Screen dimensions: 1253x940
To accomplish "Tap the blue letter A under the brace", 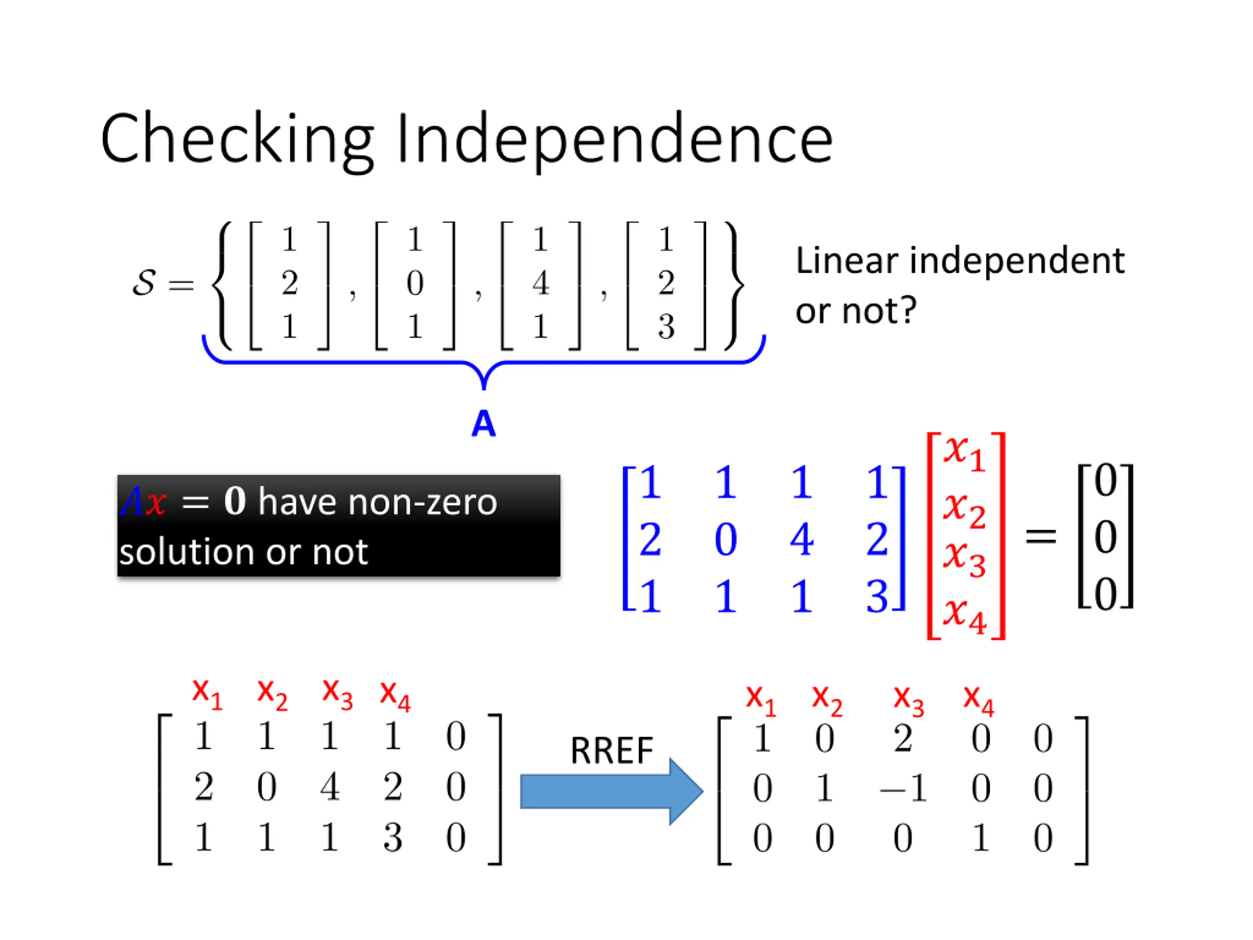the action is [x=483, y=423].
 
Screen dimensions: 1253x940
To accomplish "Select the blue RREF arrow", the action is [x=612, y=791].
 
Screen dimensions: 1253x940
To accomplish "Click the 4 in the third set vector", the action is [x=540, y=283].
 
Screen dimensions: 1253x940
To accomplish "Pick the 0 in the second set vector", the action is [x=415, y=283].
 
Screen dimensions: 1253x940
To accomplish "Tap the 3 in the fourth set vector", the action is [x=666, y=327].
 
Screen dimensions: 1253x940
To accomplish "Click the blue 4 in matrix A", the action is [x=802, y=539].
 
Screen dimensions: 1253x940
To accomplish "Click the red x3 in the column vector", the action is [x=964, y=558].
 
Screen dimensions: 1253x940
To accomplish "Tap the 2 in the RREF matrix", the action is [x=903, y=738].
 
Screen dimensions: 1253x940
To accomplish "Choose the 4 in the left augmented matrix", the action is [x=330, y=786].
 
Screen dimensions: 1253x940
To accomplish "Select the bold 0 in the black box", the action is [x=234, y=501].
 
